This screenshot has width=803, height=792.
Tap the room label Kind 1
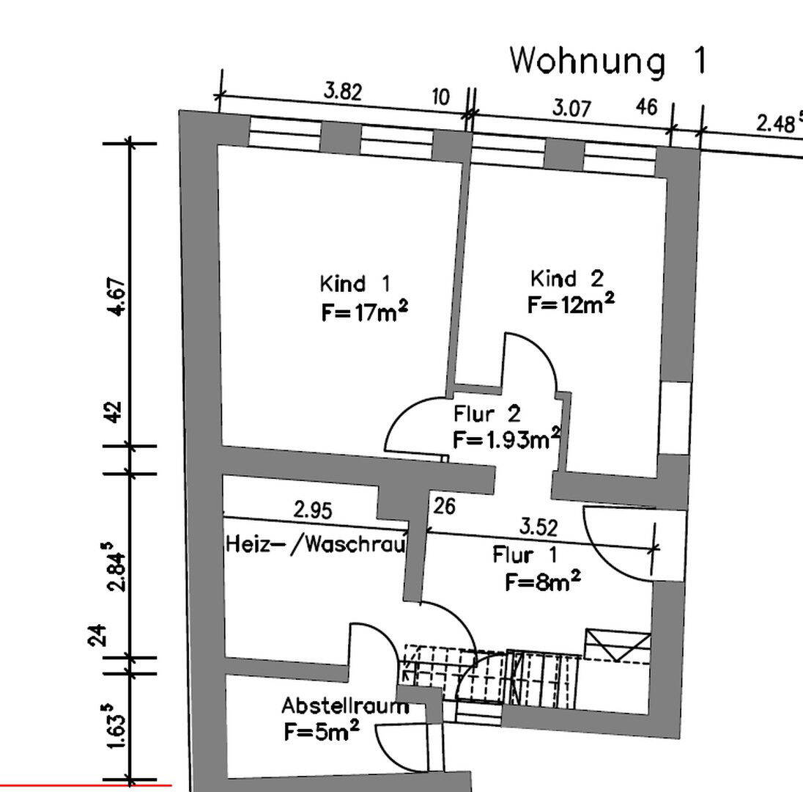tap(355, 283)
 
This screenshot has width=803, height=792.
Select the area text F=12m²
tap(571, 304)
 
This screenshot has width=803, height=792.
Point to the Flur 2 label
tap(487, 413)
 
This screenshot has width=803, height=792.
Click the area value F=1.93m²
tap(506, 439)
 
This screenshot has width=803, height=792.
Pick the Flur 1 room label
tap(525, 554)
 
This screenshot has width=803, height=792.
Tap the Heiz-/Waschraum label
tap(316, 544)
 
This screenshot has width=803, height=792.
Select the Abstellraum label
tap(346, 706)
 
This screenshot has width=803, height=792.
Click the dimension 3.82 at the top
tap(343, 91)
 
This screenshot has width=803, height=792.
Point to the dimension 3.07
tap(572, 108)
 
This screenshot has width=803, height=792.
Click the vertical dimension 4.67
tap(118, 297)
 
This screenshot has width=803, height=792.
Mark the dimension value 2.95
tap(313, 510)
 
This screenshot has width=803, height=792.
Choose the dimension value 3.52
tap(539, 527)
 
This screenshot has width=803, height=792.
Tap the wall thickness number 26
tap(444, 507)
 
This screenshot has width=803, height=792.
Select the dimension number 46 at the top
tap(646, 107)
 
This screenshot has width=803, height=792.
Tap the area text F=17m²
tap(365, 311)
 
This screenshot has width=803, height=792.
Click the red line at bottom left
tap(86, 785)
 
